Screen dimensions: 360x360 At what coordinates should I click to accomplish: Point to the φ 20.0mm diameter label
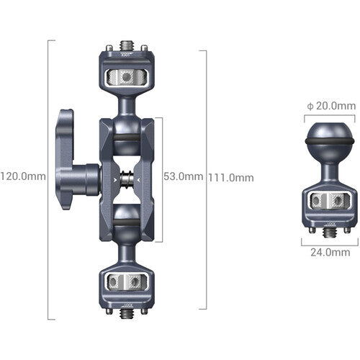(x=329, y=106)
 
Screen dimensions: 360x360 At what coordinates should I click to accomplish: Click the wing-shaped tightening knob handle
(x=66, y=151)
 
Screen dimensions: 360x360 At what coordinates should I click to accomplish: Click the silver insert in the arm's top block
(x=127, y=76)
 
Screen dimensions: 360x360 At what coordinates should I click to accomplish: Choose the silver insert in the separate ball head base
(x=329, y=201)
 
